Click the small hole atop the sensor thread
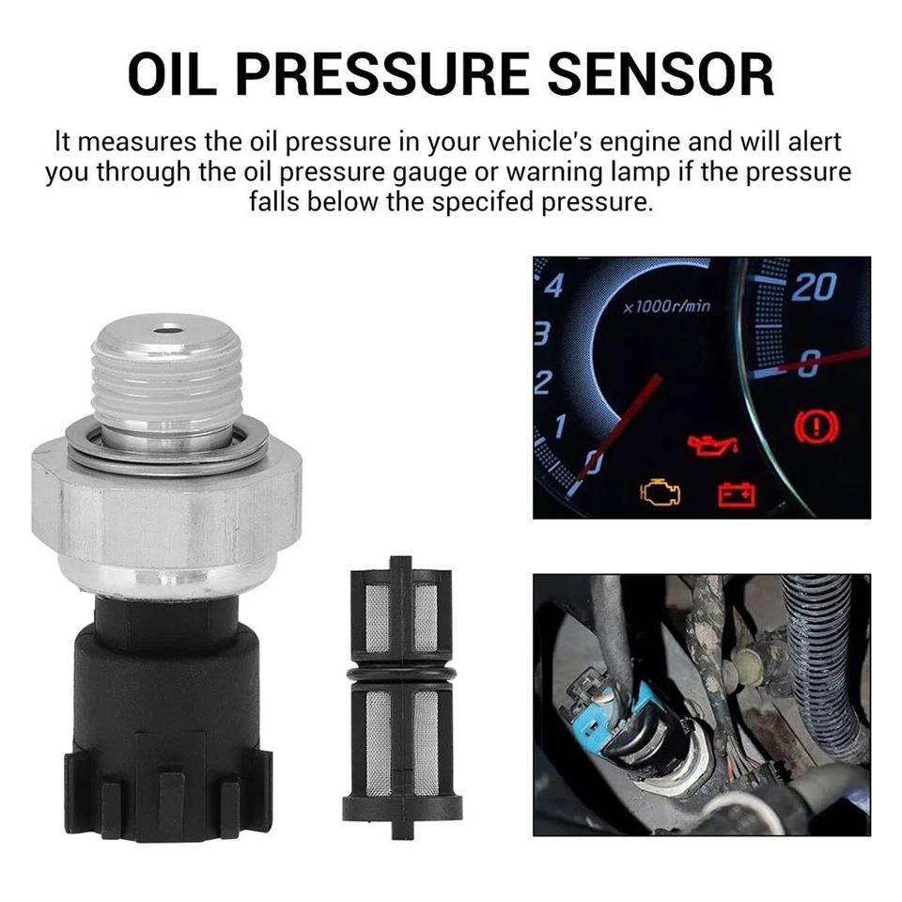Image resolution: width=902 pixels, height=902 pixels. (168, 330)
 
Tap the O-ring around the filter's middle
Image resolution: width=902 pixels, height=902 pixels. (402, 675)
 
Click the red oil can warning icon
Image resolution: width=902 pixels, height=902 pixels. (711, 443)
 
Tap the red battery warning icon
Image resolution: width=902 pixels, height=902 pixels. (738, 492)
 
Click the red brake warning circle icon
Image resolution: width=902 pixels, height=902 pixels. (816, 428)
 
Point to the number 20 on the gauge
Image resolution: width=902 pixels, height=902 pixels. (815, 287)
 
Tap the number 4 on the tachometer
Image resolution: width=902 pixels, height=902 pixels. (553, 285)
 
